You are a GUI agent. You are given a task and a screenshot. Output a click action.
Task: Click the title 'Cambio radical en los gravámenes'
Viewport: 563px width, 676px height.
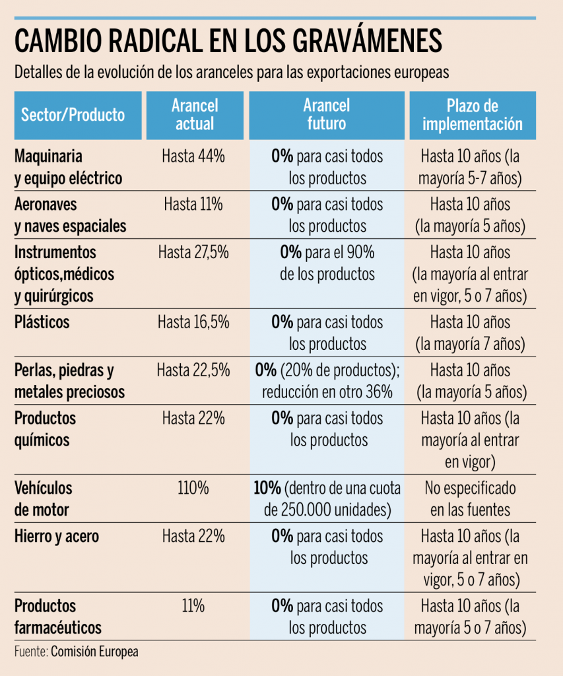point(228,40)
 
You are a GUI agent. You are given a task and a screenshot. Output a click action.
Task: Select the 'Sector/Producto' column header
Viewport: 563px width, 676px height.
point(73,115)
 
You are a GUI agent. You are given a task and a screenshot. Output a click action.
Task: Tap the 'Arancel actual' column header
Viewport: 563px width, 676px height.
point(194,115)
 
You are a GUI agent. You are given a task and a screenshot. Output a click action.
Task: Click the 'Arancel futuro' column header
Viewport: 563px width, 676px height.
point(327,115)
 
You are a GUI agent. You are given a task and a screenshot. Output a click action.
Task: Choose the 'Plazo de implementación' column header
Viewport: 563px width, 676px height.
point(472,115)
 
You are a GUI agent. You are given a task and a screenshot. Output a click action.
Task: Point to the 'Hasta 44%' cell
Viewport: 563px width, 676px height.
point(193,156)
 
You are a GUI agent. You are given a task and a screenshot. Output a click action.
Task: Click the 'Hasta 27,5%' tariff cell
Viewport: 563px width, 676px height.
point(193,252)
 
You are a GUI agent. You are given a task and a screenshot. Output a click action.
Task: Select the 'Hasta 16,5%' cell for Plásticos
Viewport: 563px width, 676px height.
point(193,322)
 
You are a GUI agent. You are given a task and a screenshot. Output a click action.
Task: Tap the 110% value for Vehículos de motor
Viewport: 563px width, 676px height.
point(193,489)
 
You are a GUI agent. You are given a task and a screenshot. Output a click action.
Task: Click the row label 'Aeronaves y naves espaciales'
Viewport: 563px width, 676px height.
point(70,215)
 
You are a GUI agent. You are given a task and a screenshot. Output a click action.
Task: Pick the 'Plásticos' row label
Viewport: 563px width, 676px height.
point(42,322)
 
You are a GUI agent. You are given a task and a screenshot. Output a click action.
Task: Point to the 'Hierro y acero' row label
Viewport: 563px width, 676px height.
point(57,536)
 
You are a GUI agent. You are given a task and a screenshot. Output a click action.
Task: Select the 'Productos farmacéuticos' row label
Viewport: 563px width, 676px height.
point(58,616)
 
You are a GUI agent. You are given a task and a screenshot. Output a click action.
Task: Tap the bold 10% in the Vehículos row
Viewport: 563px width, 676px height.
point(267,489)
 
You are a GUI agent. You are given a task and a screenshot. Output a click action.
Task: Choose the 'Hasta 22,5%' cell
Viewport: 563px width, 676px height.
point(193,370)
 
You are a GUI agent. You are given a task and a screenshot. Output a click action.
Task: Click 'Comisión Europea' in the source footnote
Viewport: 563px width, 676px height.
point(94,652)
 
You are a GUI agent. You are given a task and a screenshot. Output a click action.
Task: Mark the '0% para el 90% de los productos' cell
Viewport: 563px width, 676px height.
point(327,263)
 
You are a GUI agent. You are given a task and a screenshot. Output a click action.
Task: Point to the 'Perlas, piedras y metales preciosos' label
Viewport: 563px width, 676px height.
point(69,380)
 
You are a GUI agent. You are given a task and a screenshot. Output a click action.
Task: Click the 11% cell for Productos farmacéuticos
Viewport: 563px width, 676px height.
point(193,605)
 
